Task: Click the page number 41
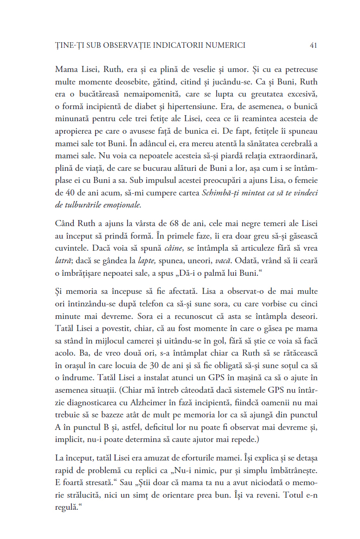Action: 313,45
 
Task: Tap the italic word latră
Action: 62,260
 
